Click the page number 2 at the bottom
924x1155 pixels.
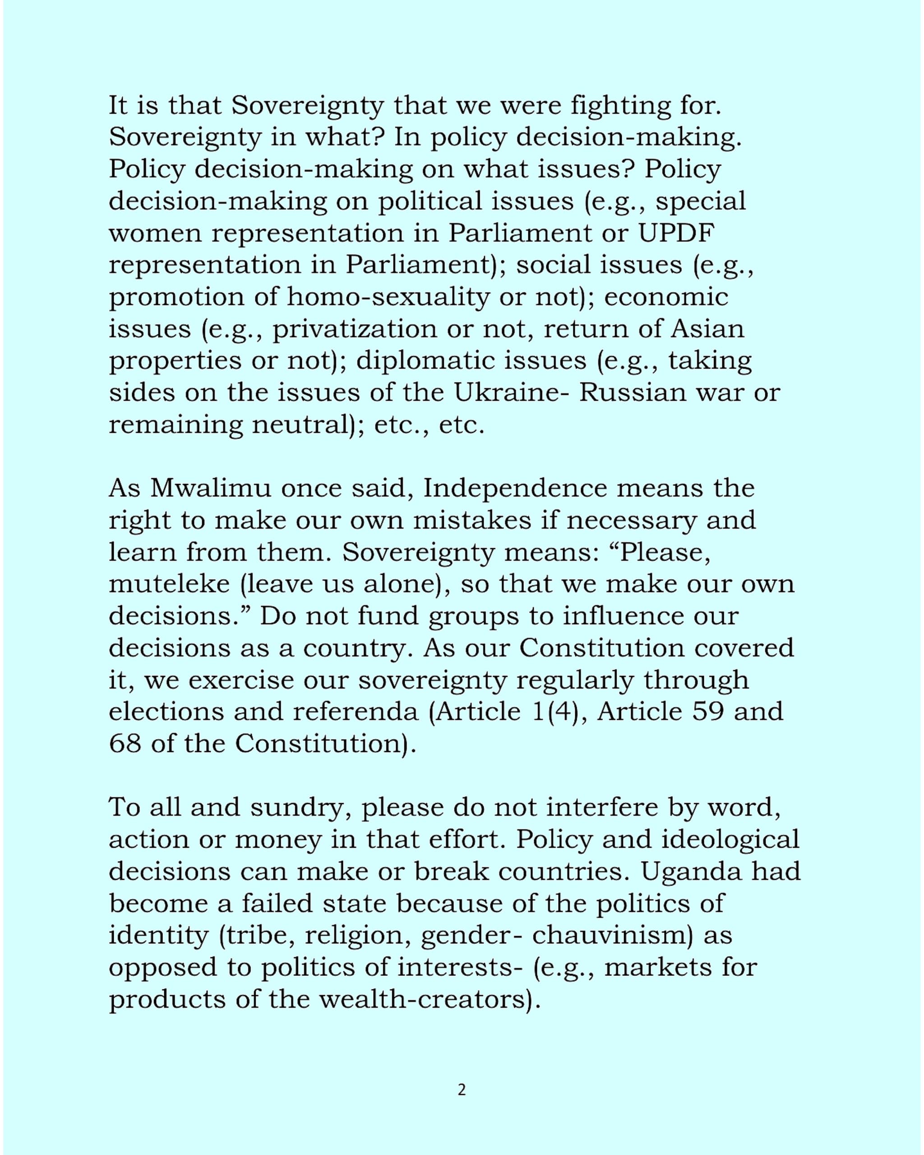tap(462, 1090)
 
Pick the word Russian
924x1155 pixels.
tap(633, 392)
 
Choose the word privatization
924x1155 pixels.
tap(355, 328)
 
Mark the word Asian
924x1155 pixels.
tap(707, 328)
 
